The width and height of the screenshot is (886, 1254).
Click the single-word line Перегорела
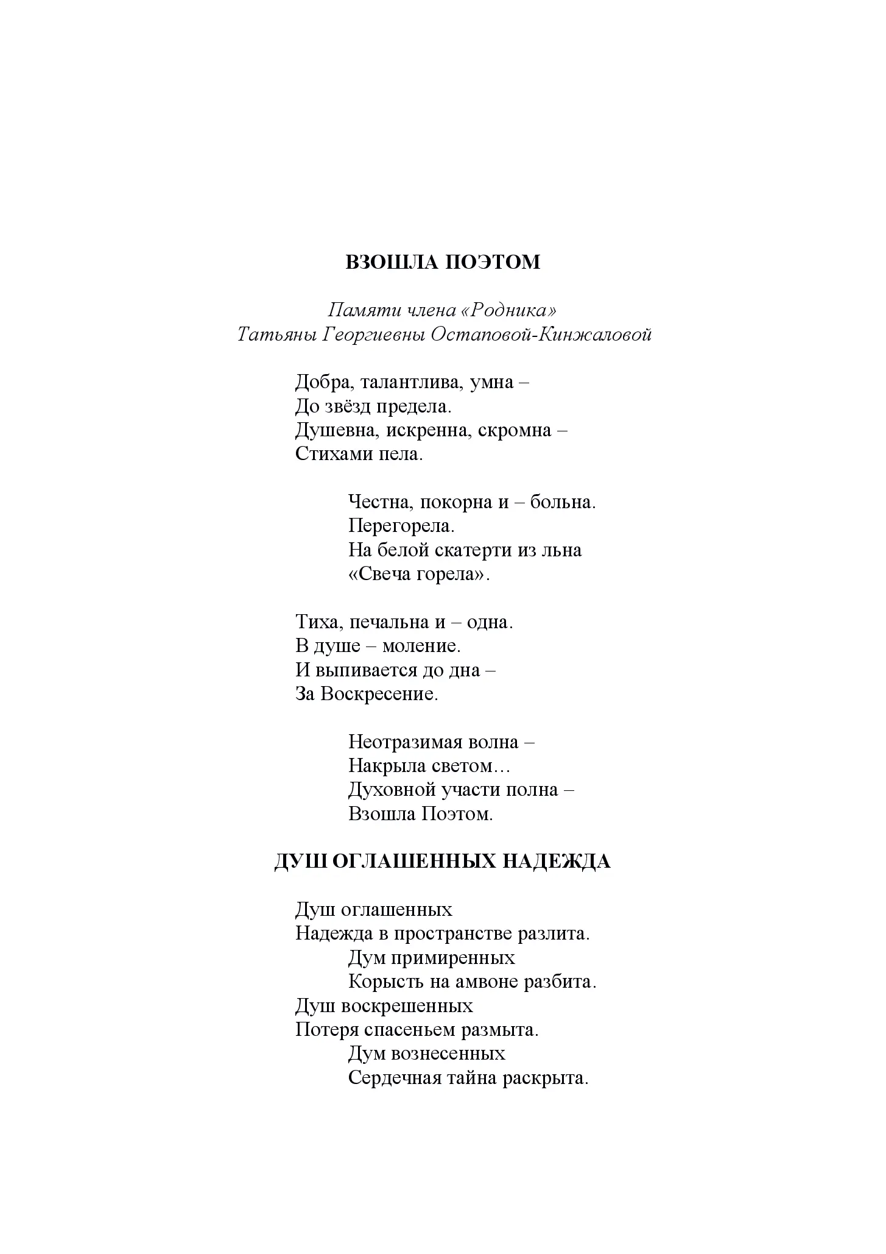[401, 526]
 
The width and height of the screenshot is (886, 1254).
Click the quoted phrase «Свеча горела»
[418, 574]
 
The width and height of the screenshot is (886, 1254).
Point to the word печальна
[389, 622]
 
